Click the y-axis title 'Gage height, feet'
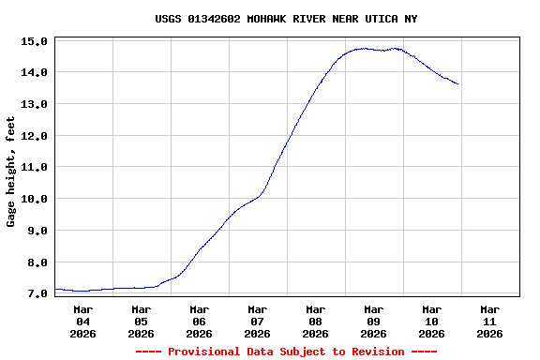coord(11,172)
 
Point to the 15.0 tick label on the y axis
coord(34,41)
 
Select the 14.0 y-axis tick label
coord(34,72)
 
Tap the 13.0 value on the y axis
coord(34,104)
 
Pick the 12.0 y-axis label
coord(34,136)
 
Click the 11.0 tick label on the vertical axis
coord(34,167)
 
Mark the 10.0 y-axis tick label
coord(34,199)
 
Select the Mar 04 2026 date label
coord(82,321)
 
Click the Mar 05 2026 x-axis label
coord(141,321)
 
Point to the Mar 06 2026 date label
coord(199,321)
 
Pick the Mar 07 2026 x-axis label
coord(257,321)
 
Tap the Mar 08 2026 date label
coord(315,321)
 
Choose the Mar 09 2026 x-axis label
coord(373,321)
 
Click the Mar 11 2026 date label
coord(489,321)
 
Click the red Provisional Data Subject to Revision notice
coord(286,352)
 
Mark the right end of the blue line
coord(457,84)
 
